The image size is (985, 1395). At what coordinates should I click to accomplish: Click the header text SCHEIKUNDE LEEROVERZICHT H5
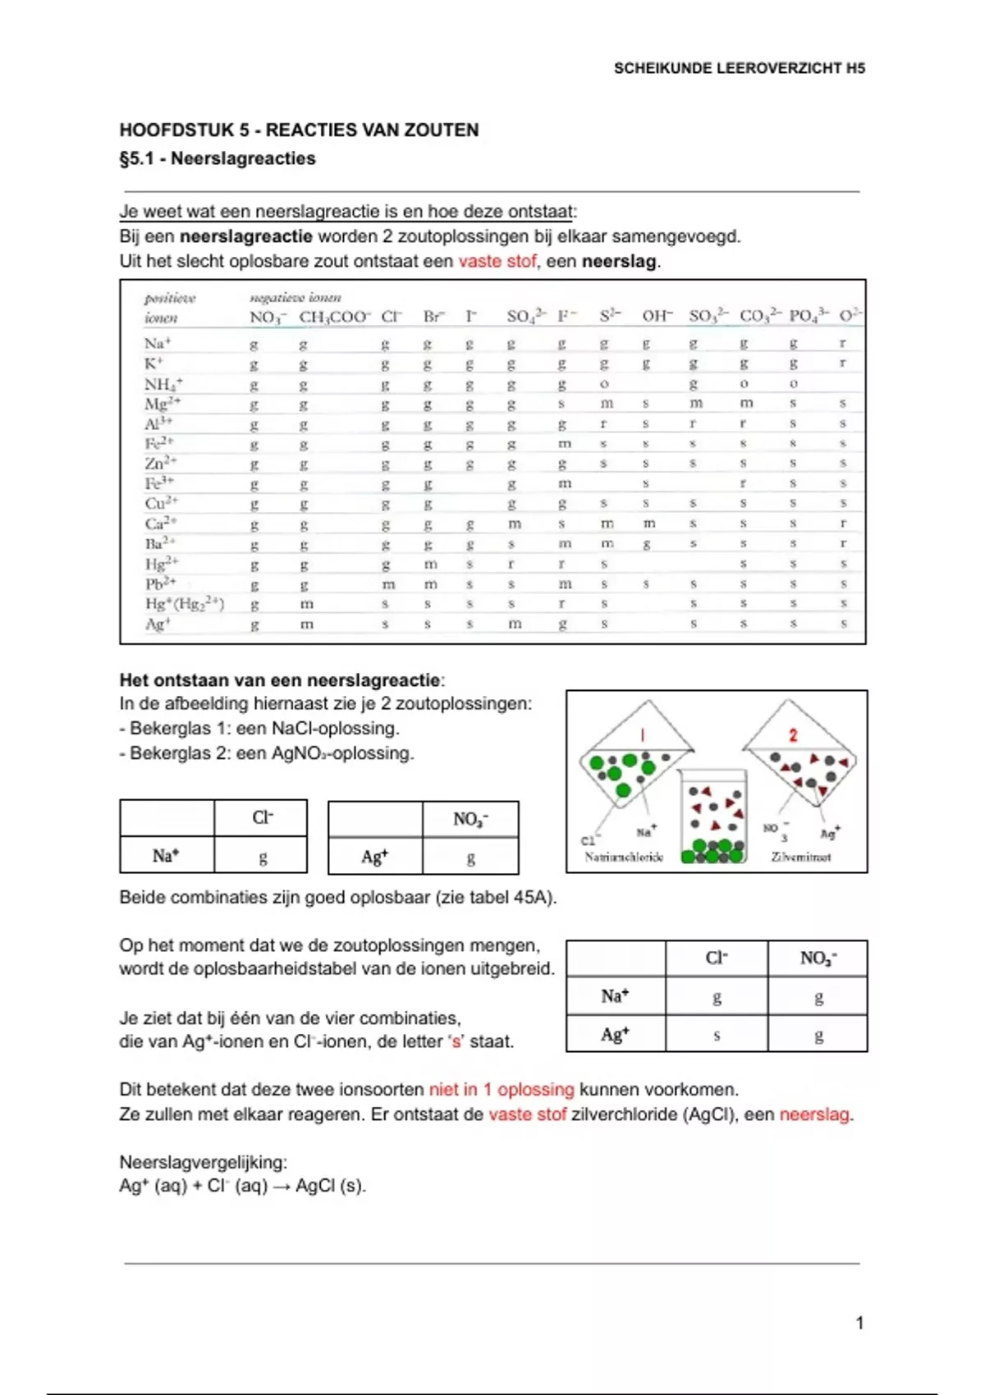pyautogui.click(x=739, y=68)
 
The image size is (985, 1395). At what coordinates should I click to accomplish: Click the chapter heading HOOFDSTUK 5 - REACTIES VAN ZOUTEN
pyautogui.click(x=299, y=130)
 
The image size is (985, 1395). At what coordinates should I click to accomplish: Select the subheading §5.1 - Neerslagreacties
pyautogui.click(x=218, y=158)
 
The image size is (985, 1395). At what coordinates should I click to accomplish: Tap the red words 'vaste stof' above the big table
pyautogui.click(x=497, y=261)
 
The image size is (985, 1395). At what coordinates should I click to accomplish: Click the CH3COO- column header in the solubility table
pyautogui.click(x=334, y=317)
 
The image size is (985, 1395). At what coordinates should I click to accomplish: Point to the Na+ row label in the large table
pyautogui.click(x=157, y=343)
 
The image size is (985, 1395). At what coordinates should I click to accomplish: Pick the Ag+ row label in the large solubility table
pyautogui.click(x=157, y=624)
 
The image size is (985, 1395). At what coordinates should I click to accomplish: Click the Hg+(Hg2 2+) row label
pyautogui.click(x=184, y=604)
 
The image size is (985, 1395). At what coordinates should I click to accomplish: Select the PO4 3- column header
pyautogui.click(x=809, y=316)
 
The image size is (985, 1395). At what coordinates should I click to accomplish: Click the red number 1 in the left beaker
pyautogui.click(x=643, y=735)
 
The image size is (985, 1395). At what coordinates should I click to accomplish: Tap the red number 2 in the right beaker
pyautogui.click(x=793, y=735)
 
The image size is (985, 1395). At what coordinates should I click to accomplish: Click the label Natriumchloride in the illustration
pyautogui.click(x=624, y=857)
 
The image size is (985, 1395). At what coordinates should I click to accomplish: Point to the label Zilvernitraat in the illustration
pyautogui.click(x=800, y=857)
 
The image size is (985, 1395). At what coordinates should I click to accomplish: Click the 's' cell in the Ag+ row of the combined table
pyautogui.click(x=717, y=1035)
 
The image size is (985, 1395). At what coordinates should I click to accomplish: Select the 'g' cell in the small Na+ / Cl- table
pyautogui.click(x=262, y=858)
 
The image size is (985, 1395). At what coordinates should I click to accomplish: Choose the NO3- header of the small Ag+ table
pyautogui.click(x=470, y=819)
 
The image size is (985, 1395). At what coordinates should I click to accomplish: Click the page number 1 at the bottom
pyautogui.click(x=859, y=1322)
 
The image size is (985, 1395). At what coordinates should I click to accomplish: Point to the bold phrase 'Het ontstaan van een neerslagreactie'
pyautogui.click(x=280, y=679)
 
